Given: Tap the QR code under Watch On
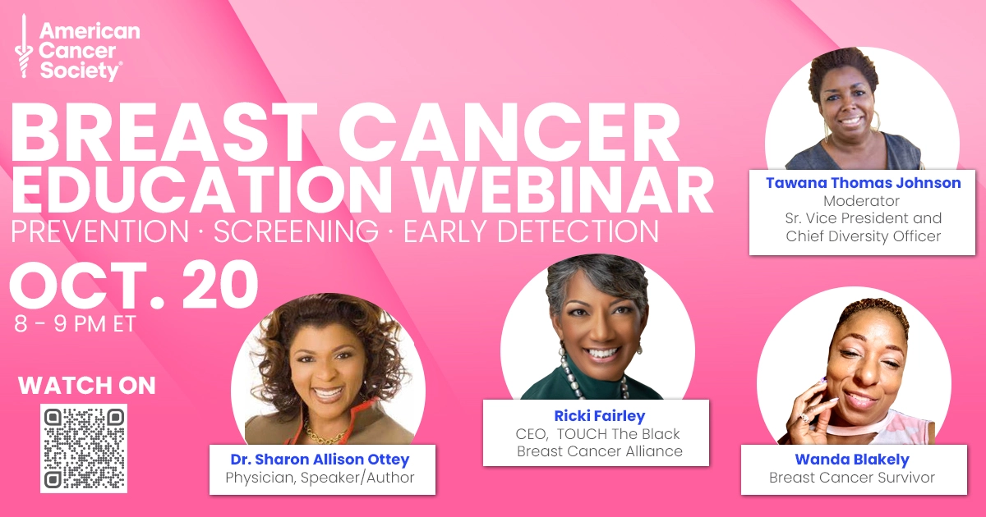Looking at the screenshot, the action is (84, 448).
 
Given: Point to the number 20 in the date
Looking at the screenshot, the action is (220, 285).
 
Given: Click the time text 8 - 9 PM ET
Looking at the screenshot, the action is (75, 324).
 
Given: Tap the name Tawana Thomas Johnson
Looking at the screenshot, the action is (864, 183).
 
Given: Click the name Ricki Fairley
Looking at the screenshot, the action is (600, 415).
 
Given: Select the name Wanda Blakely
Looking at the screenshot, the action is (852, 460).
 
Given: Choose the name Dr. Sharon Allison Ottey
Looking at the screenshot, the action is (320, 460).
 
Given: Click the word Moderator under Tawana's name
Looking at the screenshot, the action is (861, 201).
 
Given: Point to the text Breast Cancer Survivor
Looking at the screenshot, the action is (852, 478).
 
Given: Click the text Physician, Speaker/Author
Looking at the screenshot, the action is (320, 478).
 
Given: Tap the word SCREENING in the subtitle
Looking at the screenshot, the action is (297, 231).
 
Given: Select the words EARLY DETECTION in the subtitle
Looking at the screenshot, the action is (532, 231).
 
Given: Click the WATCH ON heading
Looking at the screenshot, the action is (87, 386).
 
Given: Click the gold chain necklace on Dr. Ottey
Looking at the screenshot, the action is (325, 434).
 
